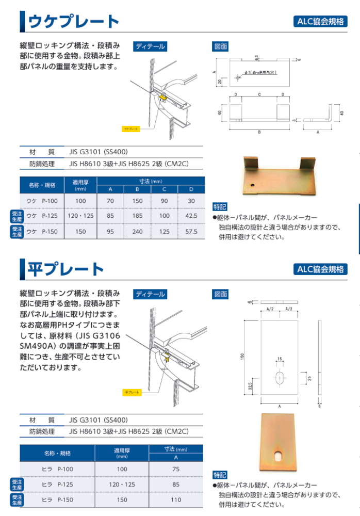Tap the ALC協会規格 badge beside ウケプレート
[x=320, y=21]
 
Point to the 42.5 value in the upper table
[x=191, y=216]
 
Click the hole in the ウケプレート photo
[x=253, y=184]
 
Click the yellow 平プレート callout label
[x=131, y=392]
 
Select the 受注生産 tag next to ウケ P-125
[x=17, y=216]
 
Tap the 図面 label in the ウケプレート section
[x=221, y=46]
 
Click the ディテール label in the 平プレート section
[x=150, y=294]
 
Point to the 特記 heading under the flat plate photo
[x=220, y=474]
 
